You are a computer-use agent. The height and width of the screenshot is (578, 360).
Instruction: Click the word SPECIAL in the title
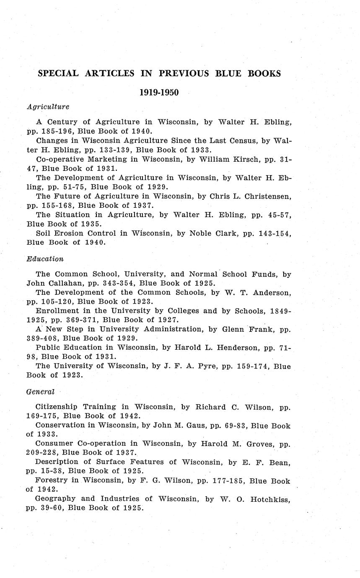pyautogui.click(x=58, y=73)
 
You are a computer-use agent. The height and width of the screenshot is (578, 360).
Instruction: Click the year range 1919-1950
pyautogui.click(x=159, y=93)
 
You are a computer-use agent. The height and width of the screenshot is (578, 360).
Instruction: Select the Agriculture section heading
pyautogui.click(x=48, y=107)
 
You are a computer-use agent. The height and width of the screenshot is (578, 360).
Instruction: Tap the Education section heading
pyautogui.click(x=45, y=259)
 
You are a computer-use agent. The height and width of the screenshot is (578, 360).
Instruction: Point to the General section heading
pyautogui.click(x=40, y=392)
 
